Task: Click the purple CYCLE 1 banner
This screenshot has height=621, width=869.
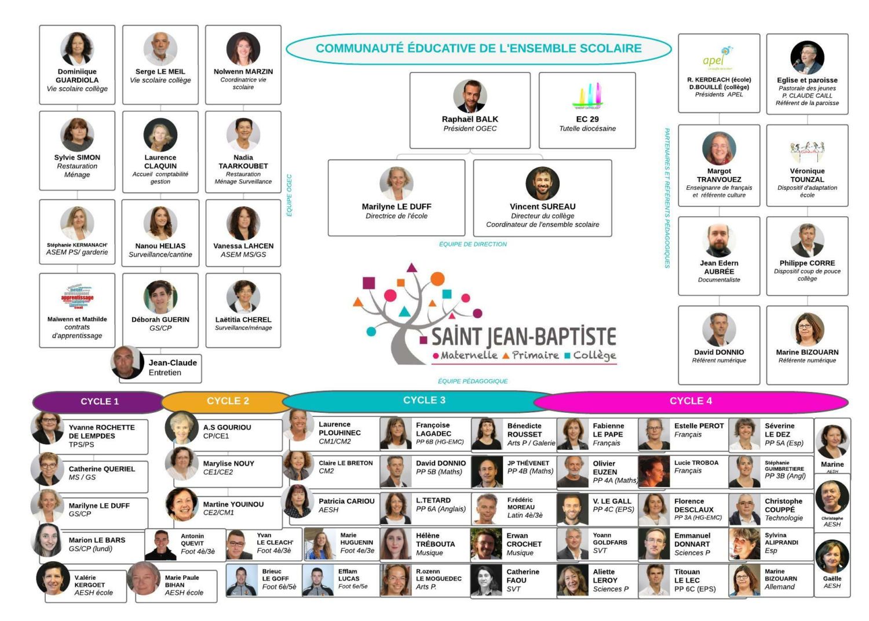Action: [99, 401]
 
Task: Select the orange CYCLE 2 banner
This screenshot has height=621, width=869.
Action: [227, 401]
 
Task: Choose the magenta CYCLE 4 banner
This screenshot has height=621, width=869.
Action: [691, 401]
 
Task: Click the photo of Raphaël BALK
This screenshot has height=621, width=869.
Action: [470, 96]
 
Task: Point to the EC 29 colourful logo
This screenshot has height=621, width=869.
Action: [587, 96]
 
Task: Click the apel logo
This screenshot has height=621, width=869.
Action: [718, 59]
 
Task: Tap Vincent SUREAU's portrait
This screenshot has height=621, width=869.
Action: [542, 183]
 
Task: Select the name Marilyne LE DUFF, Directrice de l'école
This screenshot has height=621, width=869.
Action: [396, 206]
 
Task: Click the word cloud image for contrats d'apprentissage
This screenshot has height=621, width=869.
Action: [77, 297]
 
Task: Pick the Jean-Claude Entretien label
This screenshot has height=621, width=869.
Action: [172, 368]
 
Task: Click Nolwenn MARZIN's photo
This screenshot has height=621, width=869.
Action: [243, 49]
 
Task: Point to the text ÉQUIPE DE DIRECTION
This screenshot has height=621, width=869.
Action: [473, 244]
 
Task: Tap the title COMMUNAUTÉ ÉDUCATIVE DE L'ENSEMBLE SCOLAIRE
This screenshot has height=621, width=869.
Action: [479, 48]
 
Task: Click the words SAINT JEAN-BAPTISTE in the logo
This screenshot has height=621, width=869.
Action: [523, 336]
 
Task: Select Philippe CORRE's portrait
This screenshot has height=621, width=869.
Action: [807, 240]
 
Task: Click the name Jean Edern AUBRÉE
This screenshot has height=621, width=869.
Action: [719, 267]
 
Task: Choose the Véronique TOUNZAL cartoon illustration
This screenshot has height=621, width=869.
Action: [807, 151]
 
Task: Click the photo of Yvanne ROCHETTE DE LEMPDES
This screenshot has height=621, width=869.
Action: [48, 428]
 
